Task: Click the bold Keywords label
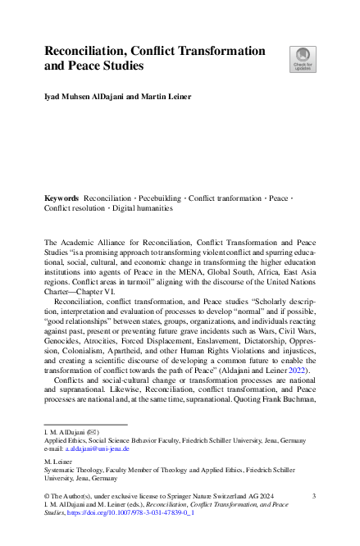coord(62,198)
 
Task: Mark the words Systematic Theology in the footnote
coord(72,471)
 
